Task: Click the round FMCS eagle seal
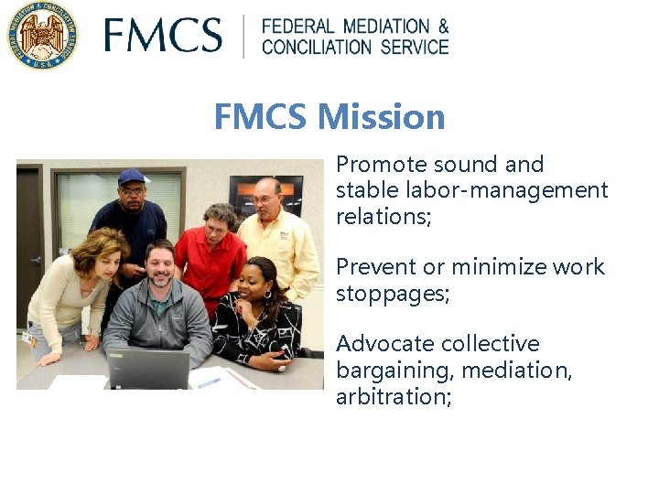pos(42,36)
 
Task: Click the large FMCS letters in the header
pos(163,37)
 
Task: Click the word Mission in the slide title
pos(383,117)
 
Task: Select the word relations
pos(383,216)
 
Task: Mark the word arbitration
pos(392,396)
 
